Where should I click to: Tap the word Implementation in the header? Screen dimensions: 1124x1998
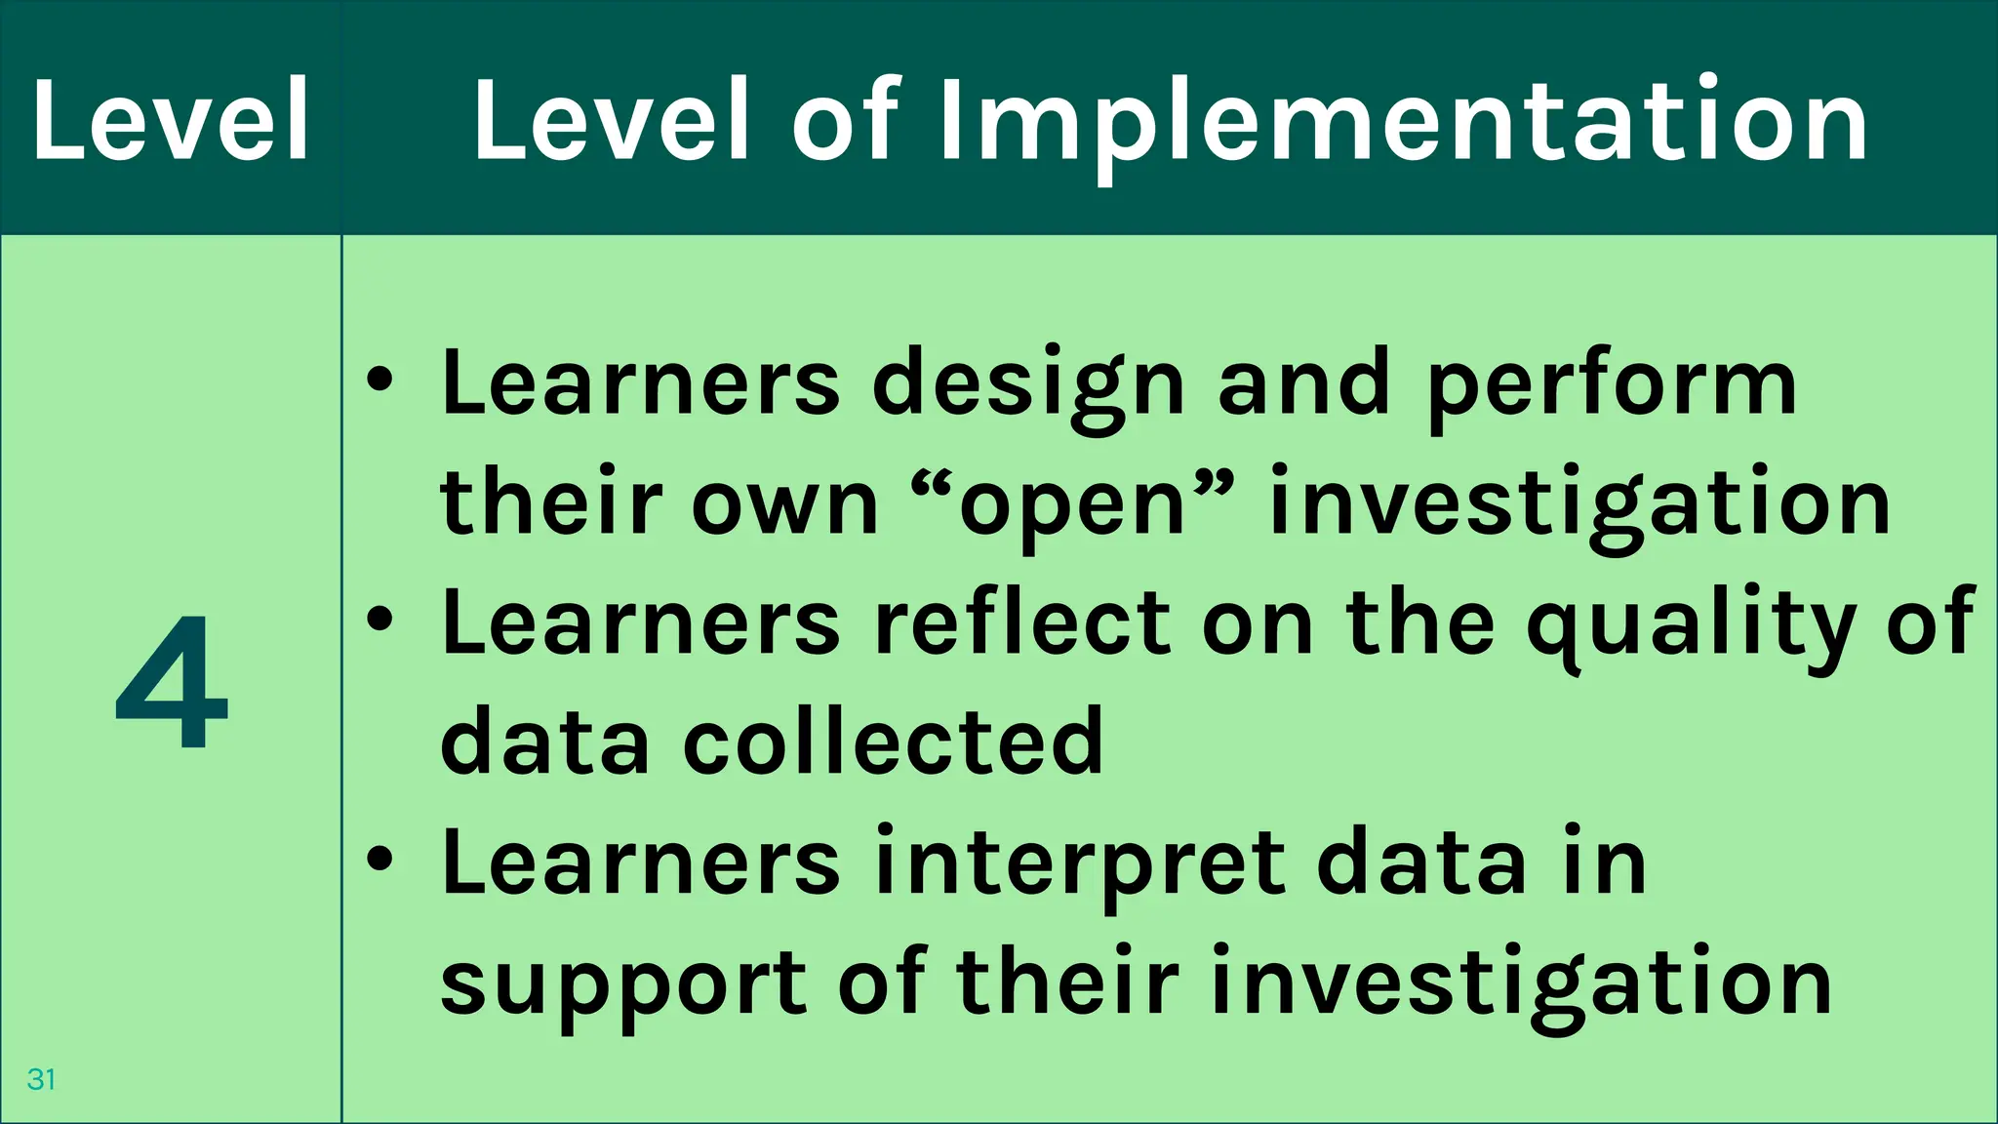click(x=1403, y=123)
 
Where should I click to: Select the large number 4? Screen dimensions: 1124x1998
click(x=172, y=682)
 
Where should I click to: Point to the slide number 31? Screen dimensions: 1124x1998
click(x=41, y=1079)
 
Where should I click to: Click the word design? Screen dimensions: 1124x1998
click(x=1028, y=384)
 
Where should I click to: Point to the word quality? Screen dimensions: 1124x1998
click(x=1692, y=625)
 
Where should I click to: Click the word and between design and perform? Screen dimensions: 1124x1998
click(x=1303, y=382)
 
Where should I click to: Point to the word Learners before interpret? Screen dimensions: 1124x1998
click(x=640, y=863)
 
